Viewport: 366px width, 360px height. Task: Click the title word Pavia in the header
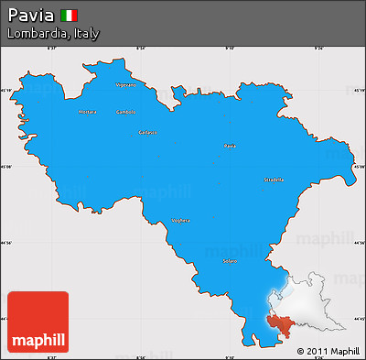click(x=30, y=15)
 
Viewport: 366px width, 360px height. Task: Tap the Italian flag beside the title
click(x=70, y=15)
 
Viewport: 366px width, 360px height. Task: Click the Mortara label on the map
click(x=88, y=112)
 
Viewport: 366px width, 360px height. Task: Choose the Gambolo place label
click(x=125, y=113)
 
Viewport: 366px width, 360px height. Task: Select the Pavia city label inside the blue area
click(x=231, y=146)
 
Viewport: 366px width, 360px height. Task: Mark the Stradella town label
click(x=274, y=180)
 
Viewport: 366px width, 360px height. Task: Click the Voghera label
click(x=181, y=221)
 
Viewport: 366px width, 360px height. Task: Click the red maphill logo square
click(x=38, y=322)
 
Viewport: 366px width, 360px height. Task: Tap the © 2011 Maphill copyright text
click(x=328, y=351)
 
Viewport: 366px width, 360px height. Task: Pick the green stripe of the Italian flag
click(x=63, y=15)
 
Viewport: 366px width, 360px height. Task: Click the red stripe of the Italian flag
click(x=75, y=15)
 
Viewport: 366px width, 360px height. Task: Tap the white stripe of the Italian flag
click(x=70, y=15)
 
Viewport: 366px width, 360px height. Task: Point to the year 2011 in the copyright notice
click(x=316, y=351)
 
